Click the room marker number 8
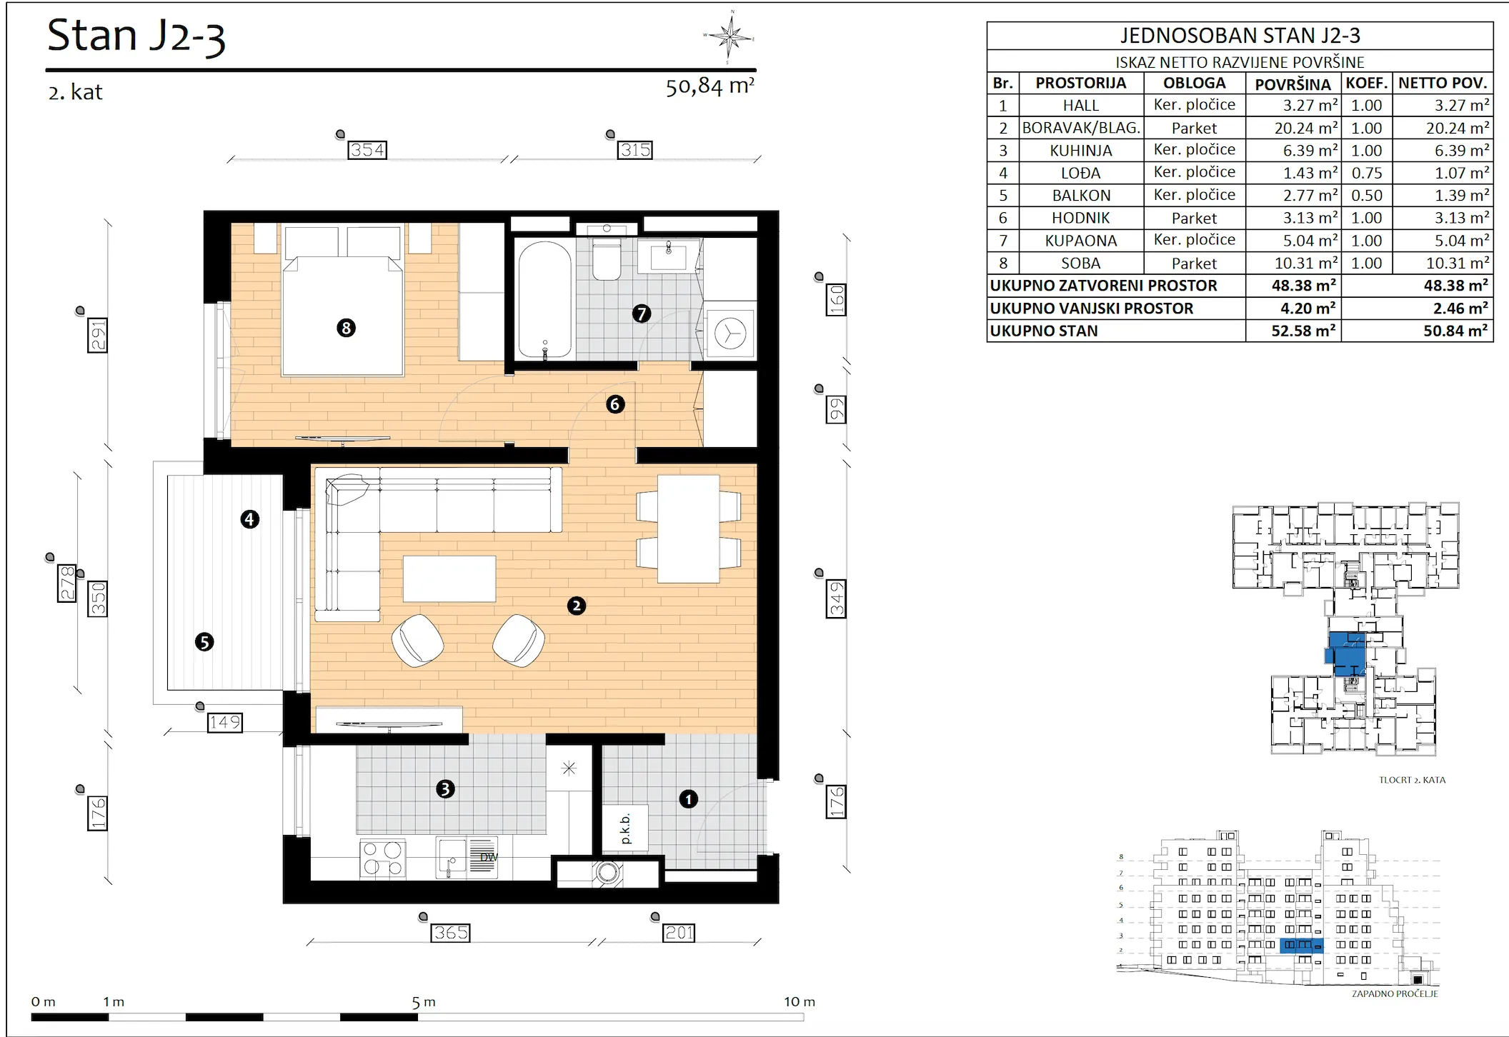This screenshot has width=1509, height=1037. click(346, 328)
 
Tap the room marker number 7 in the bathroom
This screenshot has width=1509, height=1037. click(641, 313)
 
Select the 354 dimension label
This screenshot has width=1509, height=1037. click(367, 150)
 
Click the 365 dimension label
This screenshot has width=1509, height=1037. click(451, 933)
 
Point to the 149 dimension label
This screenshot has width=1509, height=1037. click(224, 723)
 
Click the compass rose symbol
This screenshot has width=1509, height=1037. click(729, 36)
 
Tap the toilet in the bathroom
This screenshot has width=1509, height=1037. click(607, 256)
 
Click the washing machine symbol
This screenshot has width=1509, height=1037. click(730, 334)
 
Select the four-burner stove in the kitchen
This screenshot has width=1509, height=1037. click(382, 858)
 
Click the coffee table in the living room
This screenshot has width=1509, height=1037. click(449, 579)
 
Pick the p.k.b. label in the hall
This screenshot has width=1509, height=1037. click(626, 829)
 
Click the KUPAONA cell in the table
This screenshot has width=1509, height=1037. click(1081, 241)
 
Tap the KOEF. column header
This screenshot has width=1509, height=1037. click(1367, 83)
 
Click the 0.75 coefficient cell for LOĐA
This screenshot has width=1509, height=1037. click(1367, 173)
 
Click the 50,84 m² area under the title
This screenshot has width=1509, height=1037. click(710, 86)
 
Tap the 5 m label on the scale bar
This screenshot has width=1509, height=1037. click(424, 1002)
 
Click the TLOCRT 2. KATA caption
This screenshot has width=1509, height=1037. click(1412, 780)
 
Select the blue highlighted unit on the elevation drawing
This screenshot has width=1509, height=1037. click(1301, 946)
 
